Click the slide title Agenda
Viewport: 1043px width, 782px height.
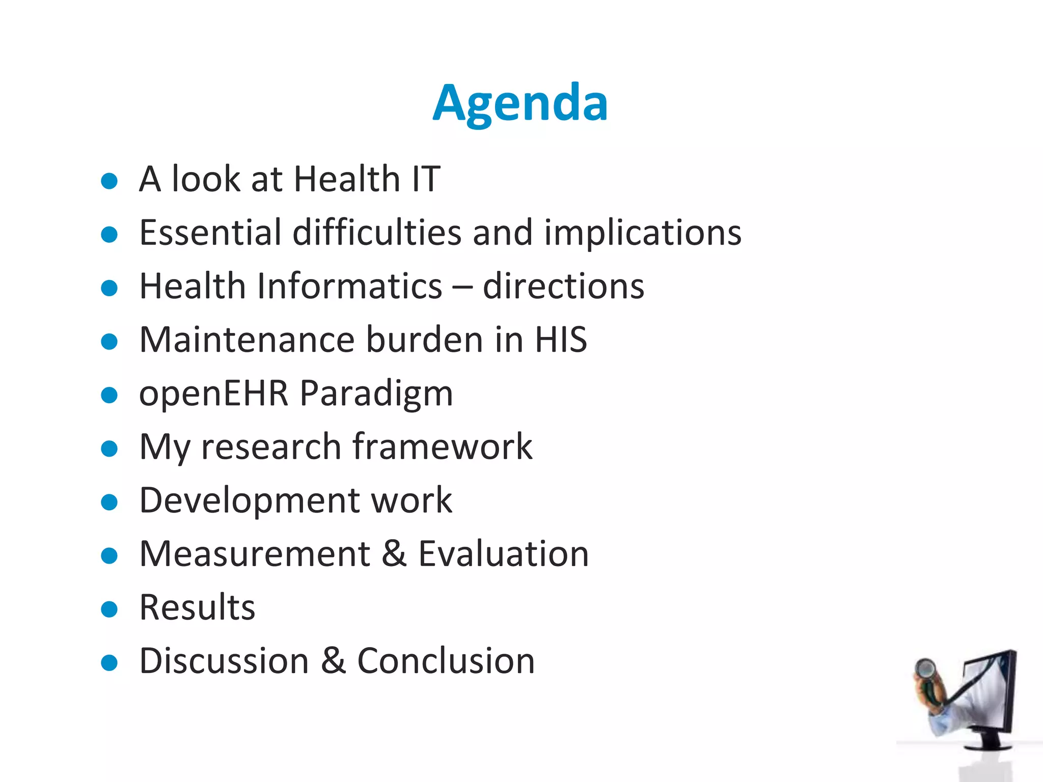[x=520, y=103]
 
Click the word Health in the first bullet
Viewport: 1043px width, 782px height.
[x=347, y=179]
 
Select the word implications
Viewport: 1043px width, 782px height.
[x=642, y=233]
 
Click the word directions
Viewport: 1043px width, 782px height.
[x=563, y=286]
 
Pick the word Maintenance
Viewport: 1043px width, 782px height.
[x=246, y=340]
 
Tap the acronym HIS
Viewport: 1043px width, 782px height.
[x=561, y=340]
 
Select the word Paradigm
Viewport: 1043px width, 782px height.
[x=376, y=394]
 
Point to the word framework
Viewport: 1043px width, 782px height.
[x=442, y=447]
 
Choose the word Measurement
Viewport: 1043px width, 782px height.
[x=255, y=554]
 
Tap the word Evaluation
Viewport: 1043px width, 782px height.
[x=503, y=554]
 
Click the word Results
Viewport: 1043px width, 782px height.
[x=197, y=608]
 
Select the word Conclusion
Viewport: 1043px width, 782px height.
[x=446, y=661]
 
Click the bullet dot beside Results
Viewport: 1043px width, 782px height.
[x=109, y=609]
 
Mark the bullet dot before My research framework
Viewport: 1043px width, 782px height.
[x=109, y=449]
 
